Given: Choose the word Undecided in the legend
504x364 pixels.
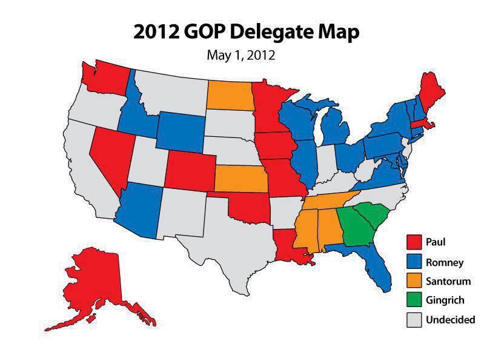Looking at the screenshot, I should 451,319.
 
